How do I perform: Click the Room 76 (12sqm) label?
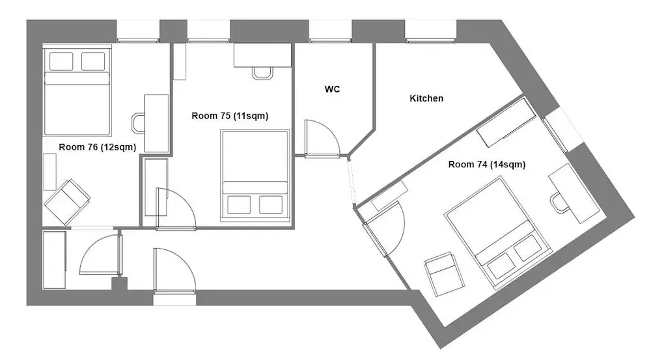click(97, 147)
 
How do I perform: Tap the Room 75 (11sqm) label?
click(230, 116)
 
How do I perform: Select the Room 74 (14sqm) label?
click(487, 165)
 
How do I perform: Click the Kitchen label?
click(426, 98)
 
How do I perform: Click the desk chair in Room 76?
click(139, 124)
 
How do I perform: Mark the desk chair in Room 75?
click(262, 73)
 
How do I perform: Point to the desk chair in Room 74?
click(561, 202)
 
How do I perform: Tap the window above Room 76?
click(138, 31)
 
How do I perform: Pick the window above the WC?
click(330, 31)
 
